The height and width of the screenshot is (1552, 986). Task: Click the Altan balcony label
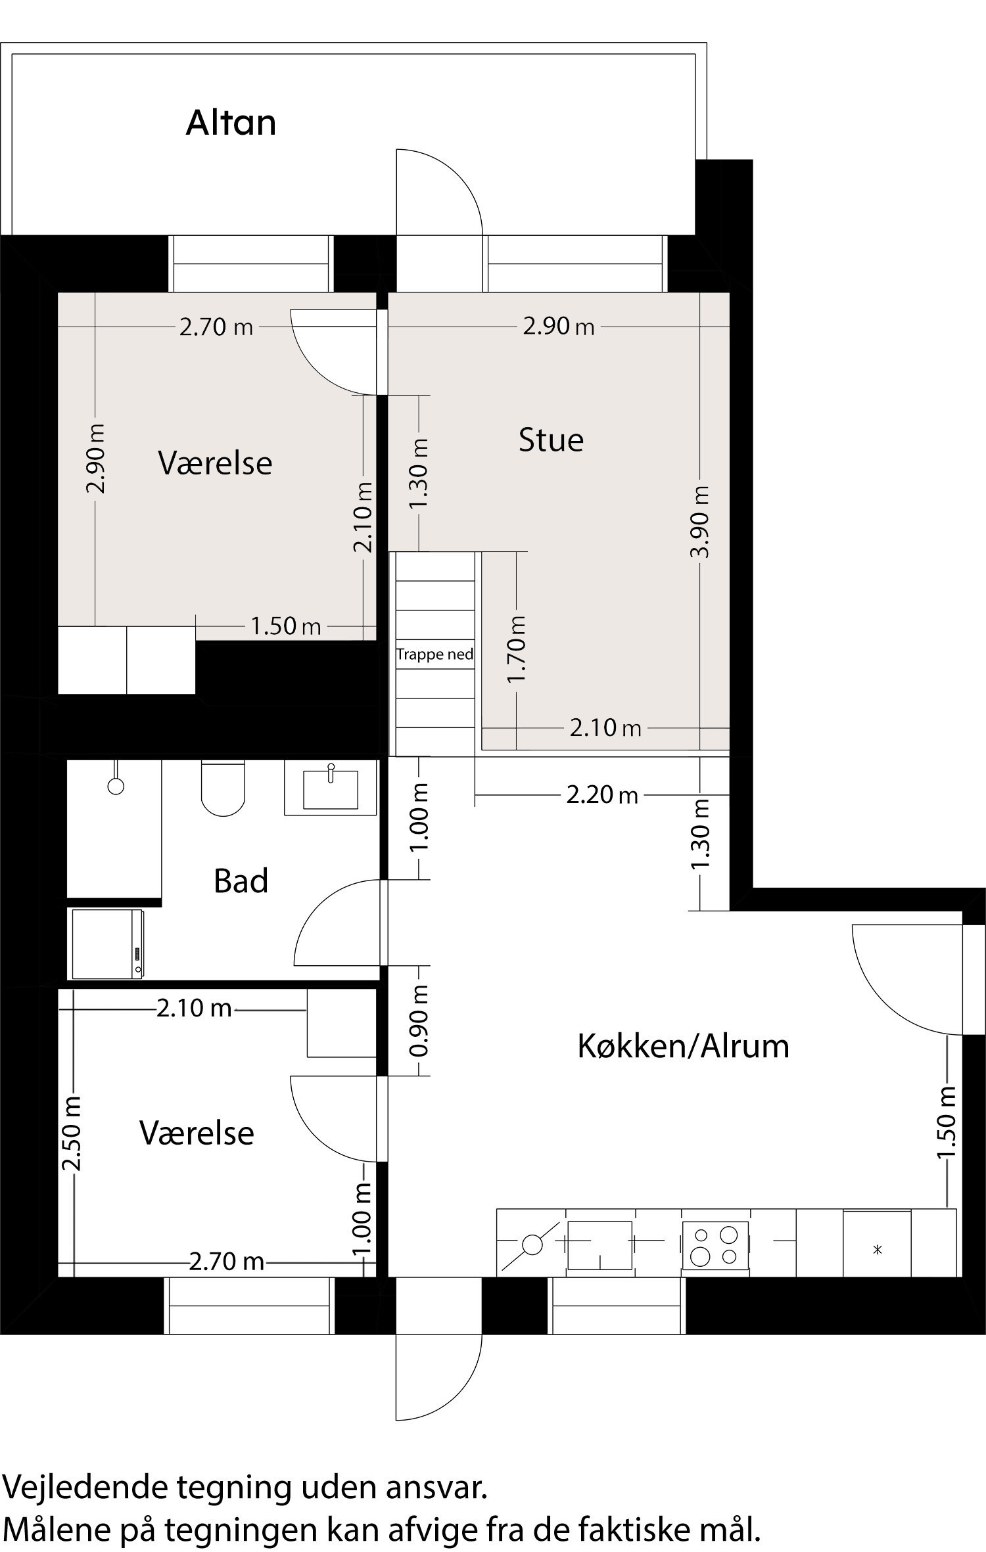click(231, 123)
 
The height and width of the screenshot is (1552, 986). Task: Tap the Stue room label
click(551, 440)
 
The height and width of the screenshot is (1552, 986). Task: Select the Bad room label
click(241, 881)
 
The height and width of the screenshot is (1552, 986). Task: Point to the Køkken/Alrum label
click(683, 1047)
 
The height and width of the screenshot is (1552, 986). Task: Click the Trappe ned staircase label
click(434, 654)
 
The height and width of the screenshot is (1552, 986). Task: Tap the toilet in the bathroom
click(223, 788)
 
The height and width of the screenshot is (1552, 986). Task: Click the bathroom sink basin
click(331, 788)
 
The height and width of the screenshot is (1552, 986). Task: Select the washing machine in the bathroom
click(108, 944)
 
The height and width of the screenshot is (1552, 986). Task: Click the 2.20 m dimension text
click(602, 796)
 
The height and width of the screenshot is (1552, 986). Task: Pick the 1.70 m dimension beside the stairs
click(517, 649)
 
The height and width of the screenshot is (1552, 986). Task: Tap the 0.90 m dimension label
click(419, 1020)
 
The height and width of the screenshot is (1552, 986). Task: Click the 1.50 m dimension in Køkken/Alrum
click(946, 1124)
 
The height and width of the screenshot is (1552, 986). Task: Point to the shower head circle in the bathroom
click(116, 786)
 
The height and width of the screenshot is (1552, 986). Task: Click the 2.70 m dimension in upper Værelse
click(216, 327)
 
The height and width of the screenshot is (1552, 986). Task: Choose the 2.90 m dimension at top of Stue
click(559, 327)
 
